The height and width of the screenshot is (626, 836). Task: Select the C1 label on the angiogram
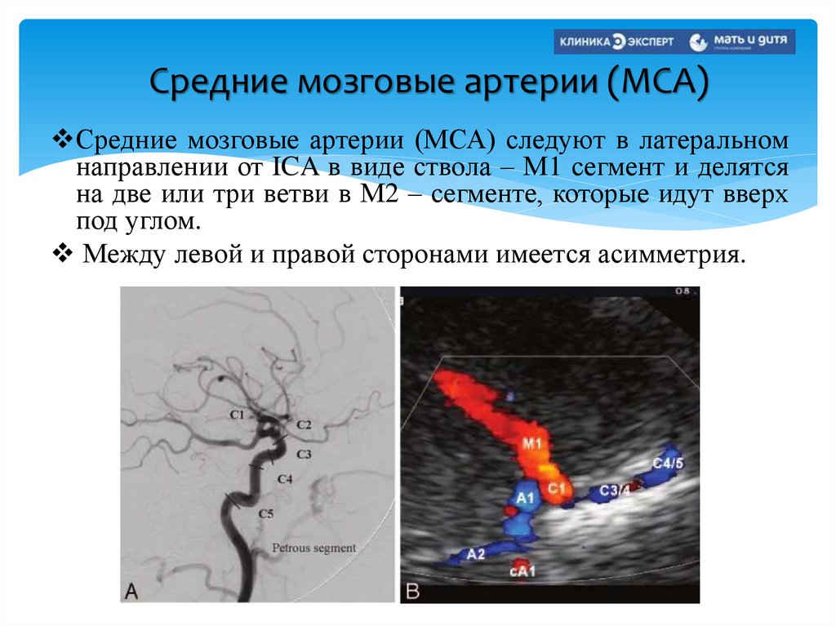[238, 415]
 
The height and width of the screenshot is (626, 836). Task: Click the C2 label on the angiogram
[304, 424]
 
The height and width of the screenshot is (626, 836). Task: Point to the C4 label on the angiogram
[285, 479]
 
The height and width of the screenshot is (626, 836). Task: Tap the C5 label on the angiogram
[266, 513]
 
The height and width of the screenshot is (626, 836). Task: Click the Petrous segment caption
[313, 548]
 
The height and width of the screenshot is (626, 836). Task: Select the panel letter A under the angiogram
[131, 589]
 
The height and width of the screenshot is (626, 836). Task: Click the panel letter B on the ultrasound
[411, 589]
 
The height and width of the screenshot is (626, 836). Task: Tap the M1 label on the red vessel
[532, 444]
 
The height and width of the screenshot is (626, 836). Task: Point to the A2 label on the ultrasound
[476, 553]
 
